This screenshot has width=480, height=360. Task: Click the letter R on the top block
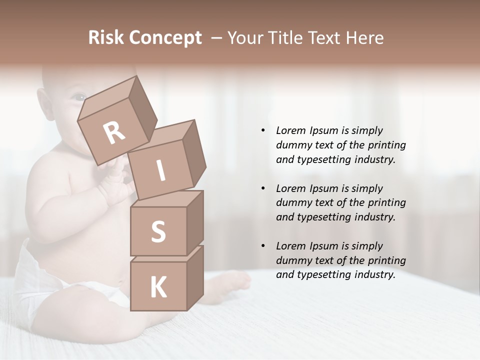(x=114, y=133)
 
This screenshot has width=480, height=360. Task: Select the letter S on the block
(x=158, y=231)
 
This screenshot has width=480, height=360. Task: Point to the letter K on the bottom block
(x=158, y=287)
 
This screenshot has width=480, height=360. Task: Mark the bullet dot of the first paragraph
(x=263, y=130)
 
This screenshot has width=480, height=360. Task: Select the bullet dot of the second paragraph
(x=263, y=188)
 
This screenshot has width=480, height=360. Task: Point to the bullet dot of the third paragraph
(x=263, y=246)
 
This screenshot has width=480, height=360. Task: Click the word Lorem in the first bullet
(x=290, y=130)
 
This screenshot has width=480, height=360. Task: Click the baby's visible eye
(x=78, y=97)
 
